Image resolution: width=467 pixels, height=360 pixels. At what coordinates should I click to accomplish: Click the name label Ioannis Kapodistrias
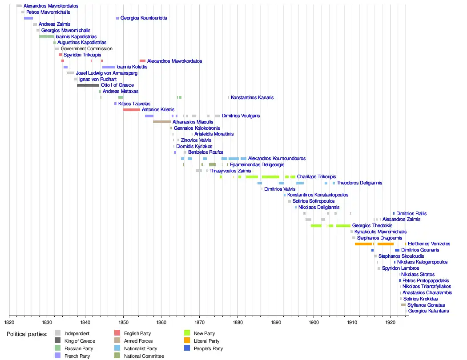pyautogui.click(x=76, y=36)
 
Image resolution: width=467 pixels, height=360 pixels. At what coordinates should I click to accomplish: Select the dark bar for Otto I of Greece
pyautogui.click(x=88, y=85)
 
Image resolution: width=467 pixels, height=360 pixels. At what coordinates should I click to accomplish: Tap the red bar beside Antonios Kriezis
pyautogui.click(x=131, y=109)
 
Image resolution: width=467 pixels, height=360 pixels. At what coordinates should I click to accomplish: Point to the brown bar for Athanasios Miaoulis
pyautogui.click(x=162, y=122)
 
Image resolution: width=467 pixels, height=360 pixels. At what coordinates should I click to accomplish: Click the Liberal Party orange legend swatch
pyautogui.click(x=187, y=341)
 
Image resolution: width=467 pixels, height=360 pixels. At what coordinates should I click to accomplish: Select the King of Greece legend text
pyautogui.click(x=80, y=341)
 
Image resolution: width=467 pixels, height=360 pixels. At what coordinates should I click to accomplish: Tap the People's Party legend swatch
pyautogui.click(x=187, y=348)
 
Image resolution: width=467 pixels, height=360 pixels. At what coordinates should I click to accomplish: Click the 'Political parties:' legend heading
pyautogui.click(x=27, y=334)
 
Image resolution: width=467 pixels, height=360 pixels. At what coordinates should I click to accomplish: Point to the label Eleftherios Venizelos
pyautogui.click(x=429, y=244)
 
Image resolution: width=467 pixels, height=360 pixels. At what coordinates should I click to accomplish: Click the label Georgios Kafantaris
pyautogui.click(x=428, y=311)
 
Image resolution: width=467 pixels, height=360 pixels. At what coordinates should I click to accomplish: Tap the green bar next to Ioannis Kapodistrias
pyautogui.click(x=46, y=36)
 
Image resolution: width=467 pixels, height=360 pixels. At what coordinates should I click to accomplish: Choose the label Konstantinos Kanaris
pyautogui.click(x=252, y=97)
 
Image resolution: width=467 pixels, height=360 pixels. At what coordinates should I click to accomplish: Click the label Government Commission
pyautogui.click(x=87, y=49)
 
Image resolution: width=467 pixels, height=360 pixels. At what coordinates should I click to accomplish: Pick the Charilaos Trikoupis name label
pyautogui.click(x=316, y=177)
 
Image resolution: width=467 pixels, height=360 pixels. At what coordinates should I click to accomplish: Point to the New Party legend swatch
pyautogui.click(x=187, y=333)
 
